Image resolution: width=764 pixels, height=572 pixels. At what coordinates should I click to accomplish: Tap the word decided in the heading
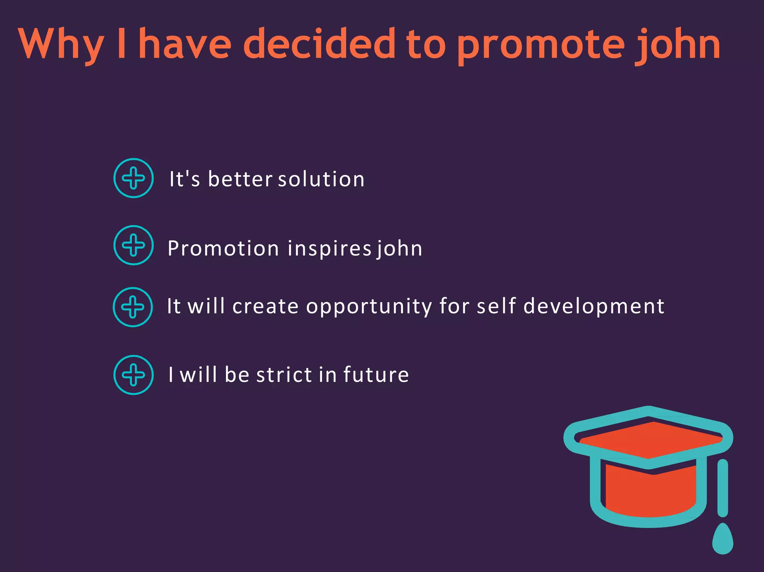click(x=319, y=44)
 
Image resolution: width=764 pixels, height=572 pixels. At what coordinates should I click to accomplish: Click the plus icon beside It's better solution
click(x=134, y=178)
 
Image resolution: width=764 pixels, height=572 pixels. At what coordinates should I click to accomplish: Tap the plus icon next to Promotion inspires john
click(x=134, y=245)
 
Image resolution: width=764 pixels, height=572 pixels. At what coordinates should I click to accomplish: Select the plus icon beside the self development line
click(x=133, y=307)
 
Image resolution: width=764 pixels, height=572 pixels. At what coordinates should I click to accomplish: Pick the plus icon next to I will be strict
click(x=134, y=375)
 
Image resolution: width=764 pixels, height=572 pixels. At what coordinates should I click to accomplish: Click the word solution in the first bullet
click(x=321, y=179)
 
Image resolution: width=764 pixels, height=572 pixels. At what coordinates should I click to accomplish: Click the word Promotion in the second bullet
click(x=223, y=248)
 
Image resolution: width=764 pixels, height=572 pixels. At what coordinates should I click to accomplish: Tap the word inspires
click(x=329, y=249)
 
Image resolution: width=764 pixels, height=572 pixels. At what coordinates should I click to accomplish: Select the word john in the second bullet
click(x=399, y=249)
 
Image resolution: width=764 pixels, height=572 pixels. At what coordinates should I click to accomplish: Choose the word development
click(x=594, y=307)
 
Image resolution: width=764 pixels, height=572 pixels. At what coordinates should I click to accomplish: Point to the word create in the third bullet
click(x=265, y=307)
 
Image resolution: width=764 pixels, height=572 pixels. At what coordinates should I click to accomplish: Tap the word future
click(x=376, y=375)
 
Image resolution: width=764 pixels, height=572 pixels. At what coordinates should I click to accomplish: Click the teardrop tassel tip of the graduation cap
click(x=723, y=540)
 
